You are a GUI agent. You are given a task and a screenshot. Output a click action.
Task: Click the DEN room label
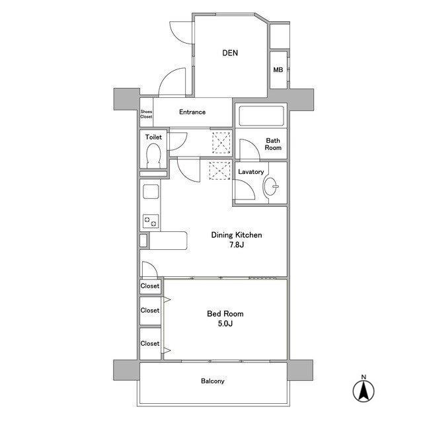230,53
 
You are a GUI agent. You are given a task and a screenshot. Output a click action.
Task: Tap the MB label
278,70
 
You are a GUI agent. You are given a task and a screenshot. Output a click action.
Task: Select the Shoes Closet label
146,114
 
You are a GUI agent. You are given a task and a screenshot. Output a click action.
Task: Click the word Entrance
192,112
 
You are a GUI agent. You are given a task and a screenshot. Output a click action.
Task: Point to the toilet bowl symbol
153,156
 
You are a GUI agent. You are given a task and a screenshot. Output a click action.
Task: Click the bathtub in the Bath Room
262,116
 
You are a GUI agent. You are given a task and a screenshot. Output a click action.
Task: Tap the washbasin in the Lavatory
270,186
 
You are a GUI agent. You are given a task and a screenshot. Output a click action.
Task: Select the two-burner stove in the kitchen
151,221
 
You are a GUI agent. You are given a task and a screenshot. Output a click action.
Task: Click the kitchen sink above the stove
151,192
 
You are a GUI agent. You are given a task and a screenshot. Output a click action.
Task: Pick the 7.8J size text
237,245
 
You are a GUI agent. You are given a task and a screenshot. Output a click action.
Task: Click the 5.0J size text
225,323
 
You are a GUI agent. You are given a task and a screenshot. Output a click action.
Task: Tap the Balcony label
213,381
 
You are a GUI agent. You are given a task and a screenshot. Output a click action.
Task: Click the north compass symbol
364,389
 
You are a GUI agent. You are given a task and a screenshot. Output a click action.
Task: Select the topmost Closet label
150,286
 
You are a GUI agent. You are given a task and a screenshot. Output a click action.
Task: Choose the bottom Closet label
150,344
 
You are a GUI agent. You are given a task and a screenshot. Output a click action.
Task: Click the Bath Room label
273,144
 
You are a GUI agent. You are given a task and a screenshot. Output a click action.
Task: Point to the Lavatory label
251,172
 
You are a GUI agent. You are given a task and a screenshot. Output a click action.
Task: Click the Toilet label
153,137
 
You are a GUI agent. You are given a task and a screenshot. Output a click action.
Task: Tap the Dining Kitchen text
237,235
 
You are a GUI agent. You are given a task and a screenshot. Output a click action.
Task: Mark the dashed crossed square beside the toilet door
221,143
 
